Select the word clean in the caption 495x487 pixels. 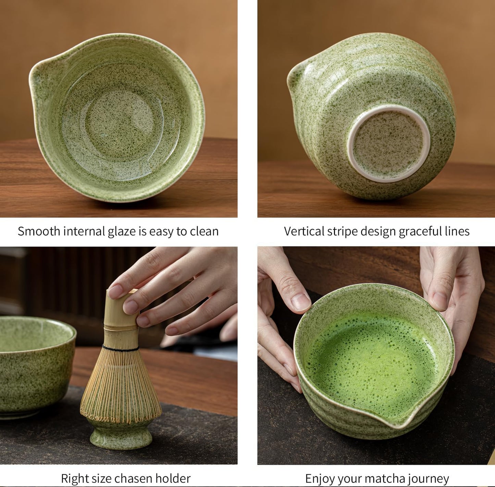click(204, 231)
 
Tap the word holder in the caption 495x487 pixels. click(173, 478)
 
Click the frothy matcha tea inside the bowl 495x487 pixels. click(372, 363)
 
